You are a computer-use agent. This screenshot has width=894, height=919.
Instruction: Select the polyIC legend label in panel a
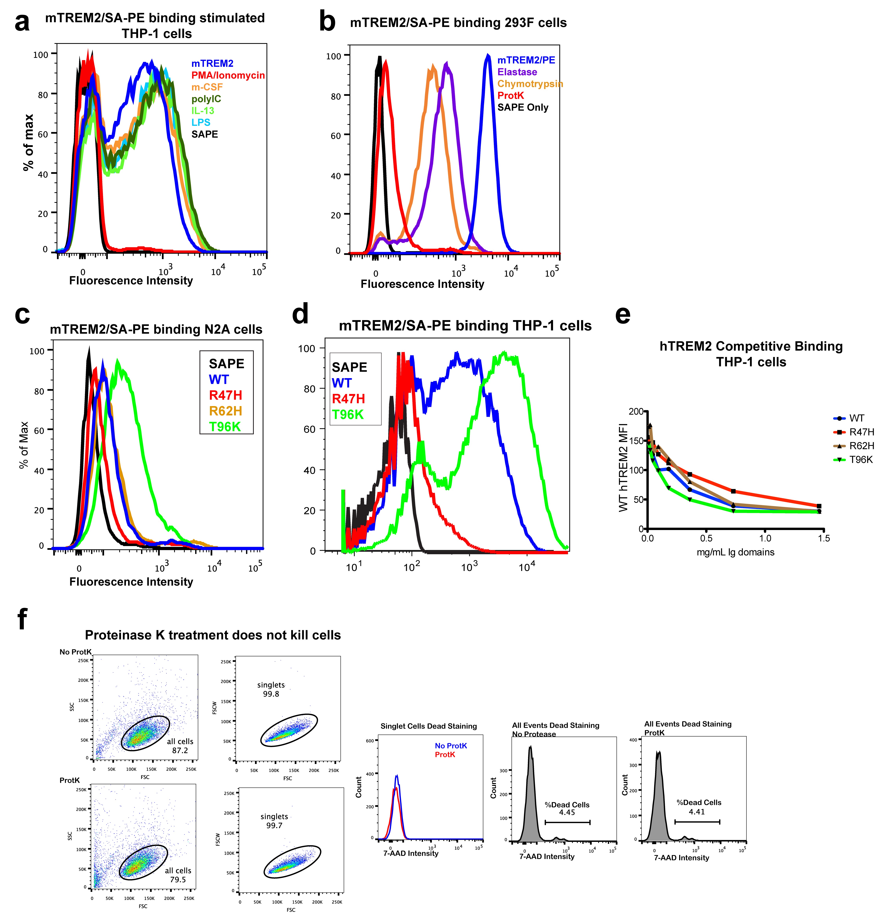[206, 99]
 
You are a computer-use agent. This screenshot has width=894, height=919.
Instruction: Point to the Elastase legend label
[517, 72]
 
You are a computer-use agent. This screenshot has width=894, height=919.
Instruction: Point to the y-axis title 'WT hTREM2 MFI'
[623, 467]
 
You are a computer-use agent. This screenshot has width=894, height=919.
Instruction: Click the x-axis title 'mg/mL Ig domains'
[735, 552]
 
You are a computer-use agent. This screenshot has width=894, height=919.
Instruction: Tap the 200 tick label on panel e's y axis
[636, 411]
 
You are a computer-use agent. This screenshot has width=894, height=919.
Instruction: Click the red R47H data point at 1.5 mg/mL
[819, 506]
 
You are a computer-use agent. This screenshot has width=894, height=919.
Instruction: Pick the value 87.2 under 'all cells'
[180, 750]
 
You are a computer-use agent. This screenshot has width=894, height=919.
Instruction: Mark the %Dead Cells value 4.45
[567, 812]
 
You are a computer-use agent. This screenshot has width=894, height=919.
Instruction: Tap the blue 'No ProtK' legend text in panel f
[451, 746]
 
